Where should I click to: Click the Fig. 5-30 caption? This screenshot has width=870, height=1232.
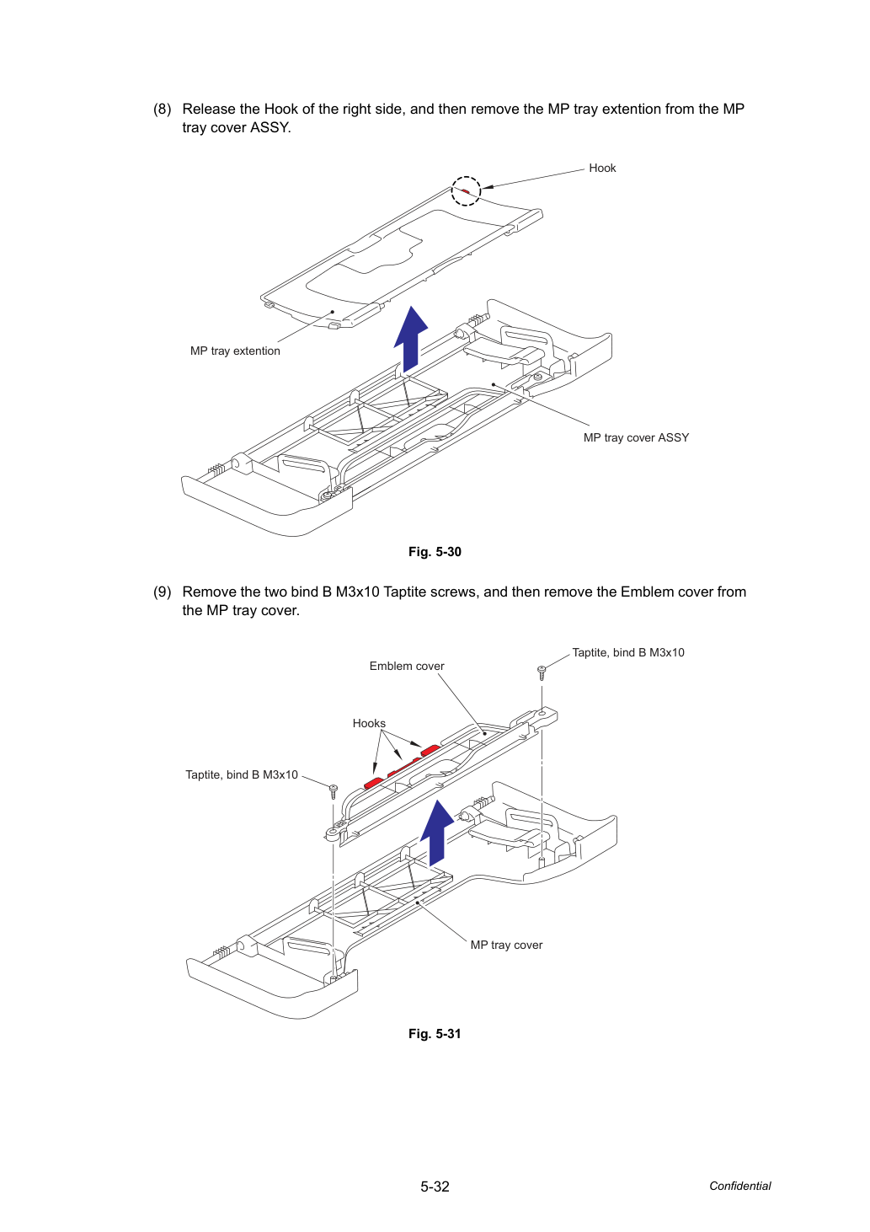pyautogui.click(x=435, y=552)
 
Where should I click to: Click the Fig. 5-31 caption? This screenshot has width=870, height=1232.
pyautogui.click(x=435, y=1033)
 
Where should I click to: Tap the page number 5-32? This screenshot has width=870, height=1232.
pyautogui.click(x=435, y=1186)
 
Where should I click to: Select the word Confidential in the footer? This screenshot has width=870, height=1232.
pyautogui.click(x=739, y=1186)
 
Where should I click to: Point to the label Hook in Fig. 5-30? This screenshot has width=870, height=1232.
pyautogui.click(x=602, y=168)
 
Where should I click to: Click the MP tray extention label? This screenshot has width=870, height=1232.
pyautogui.click(x=235, y=351)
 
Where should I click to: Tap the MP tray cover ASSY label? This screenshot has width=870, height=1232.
pyautogui.click(x=636, y=437)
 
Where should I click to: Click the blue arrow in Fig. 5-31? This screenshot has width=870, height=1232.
pyautogui.click(x=437, y=833)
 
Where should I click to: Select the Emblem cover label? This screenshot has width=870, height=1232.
pyautogui.click(x=407, y=666)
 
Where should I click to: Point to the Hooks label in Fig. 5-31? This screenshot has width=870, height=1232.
pyautogui.click(x=369, y=723)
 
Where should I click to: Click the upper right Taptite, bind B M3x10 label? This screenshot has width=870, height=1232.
pyautogui.click(x=628, y=652)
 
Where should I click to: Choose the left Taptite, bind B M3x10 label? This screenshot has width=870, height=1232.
pyautogui.click(x=241, y=774)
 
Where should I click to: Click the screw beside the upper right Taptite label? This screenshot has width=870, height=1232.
pyautogui.click(x=542, y=673)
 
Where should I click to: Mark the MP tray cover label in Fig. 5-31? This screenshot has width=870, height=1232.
pyautogui.click(x=506, y=945)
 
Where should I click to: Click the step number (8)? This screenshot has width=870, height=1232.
pyautogui.click(x=163, y=109)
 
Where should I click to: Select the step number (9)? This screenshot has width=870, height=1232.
pyautogui.click(x=163, y=592)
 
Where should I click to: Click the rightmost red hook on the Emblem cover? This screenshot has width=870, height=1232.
pyautogui.click(x=430, y=750)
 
